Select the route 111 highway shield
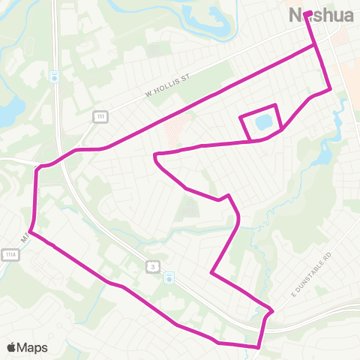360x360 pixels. pos(99,115)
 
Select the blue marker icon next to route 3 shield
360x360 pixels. pos(170,277)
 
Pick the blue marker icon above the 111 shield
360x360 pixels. pos(54,76)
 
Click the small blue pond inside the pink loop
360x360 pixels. pos(262,121)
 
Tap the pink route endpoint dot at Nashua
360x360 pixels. pos(307,13)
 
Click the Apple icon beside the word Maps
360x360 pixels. pos(10,346)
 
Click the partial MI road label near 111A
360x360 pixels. pos(25,236)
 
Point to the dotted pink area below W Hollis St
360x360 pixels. pos(177,127)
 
